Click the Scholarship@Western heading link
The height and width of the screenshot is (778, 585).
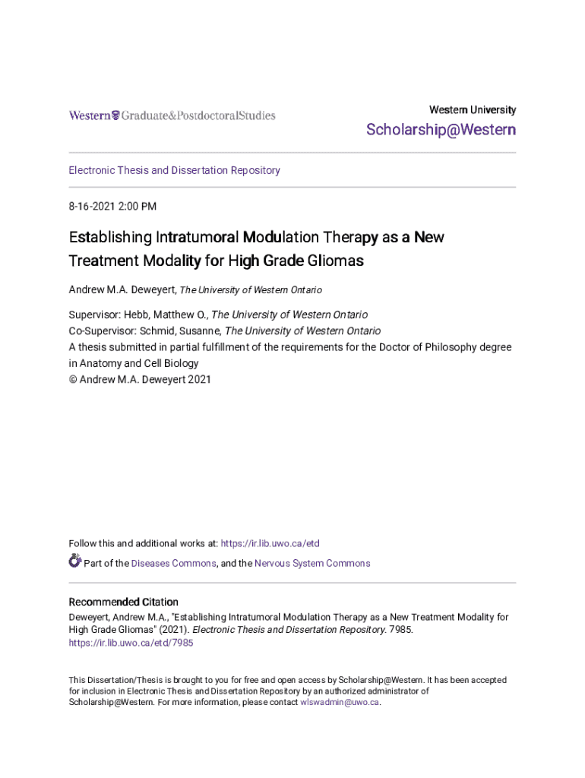(x=441, y=130)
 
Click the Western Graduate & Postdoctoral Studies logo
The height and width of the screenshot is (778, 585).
(x=172, y=115)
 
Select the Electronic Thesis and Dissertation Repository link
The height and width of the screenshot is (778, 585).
(x=174, y=170)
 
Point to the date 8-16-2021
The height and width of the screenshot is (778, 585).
(x=92, y=206)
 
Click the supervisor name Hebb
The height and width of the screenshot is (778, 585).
(x=138, y=315)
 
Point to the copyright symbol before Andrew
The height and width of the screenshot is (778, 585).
(x=73, y=379)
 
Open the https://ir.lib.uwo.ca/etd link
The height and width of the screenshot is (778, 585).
(x=270, y=543)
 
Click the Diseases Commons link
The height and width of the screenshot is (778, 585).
(x=173, y=564)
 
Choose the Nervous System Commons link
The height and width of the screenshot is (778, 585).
(x=312, y=564)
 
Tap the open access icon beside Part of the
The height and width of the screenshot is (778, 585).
(x=74, y=561)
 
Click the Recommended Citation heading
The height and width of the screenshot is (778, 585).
(x=123, y=602)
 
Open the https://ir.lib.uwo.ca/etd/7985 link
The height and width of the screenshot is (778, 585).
(x=131, y=643)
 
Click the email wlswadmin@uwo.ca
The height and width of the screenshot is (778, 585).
(x=339, y=703)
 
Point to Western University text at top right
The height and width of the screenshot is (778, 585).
(x=473, y=109)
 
